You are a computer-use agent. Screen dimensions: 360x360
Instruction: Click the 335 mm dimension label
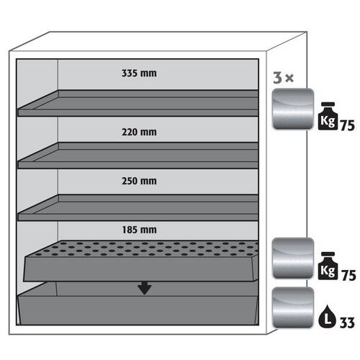coord(139,73)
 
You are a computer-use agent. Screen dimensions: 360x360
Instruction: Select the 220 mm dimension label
coord(139,132)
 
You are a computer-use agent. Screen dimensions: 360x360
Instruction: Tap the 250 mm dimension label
coord(139,181)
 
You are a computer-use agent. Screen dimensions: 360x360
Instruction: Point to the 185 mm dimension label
coord(139,230)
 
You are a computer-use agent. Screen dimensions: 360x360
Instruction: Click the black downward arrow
coord(144,288)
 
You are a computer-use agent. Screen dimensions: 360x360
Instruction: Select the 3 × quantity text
coord(284,78)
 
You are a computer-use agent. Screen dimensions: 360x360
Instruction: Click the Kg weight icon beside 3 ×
coord(328,117)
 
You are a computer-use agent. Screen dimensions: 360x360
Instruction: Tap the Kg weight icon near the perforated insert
coord(328,266)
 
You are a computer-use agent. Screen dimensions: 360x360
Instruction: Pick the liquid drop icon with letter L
coord(327,316)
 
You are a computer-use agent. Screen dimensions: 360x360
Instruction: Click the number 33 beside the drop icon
coord(347,323)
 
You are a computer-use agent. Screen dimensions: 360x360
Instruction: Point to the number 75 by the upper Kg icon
coord(348,125)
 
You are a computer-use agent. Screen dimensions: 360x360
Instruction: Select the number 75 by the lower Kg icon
coord(348,275)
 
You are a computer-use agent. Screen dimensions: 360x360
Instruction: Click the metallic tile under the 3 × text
coord(293,109)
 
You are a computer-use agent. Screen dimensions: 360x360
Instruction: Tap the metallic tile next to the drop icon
coord(293,307)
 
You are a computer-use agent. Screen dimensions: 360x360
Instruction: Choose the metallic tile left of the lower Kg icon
coord(293,258)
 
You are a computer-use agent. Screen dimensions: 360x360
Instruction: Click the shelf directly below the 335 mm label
coord(138,103)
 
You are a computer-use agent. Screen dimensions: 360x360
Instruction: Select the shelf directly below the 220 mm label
coord(138,156)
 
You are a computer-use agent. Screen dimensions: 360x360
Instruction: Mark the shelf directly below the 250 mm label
coord(138,207)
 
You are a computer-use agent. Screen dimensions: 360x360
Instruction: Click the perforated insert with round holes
coord(141,261)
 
